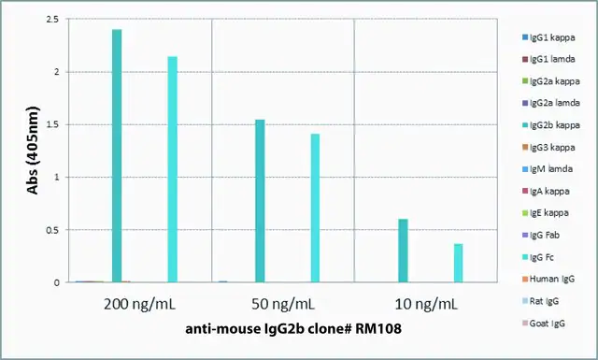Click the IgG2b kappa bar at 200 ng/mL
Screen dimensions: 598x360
point(117,156)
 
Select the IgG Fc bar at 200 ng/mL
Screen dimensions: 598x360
point(172,169)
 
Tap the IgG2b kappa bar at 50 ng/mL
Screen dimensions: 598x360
point(260,201)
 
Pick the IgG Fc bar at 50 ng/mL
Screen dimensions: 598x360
point(315,209)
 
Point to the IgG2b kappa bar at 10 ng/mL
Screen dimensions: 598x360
point(403,251)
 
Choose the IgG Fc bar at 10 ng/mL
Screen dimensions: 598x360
point(458,263)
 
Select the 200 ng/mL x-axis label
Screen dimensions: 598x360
point(139,305)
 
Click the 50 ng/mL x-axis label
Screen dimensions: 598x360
point(283,305)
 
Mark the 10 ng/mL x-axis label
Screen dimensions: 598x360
point(426,305)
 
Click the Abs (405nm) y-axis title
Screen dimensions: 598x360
point(34,151)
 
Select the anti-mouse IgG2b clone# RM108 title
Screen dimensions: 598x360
point(293,329)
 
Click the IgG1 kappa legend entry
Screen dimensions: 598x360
point(548,37)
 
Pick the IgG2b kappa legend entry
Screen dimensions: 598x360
point(551,125)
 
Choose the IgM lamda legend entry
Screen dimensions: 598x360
point(548,169)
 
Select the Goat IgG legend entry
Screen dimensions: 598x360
point(544,324)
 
